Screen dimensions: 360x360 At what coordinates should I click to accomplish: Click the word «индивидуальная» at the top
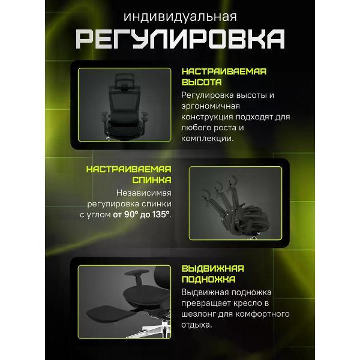180,15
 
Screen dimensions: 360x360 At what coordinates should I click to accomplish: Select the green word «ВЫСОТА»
202,82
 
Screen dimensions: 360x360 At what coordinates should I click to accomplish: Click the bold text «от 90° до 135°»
141,215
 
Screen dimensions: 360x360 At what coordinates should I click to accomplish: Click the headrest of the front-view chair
125,79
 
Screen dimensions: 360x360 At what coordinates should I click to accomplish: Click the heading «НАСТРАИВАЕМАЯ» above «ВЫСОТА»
223,71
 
